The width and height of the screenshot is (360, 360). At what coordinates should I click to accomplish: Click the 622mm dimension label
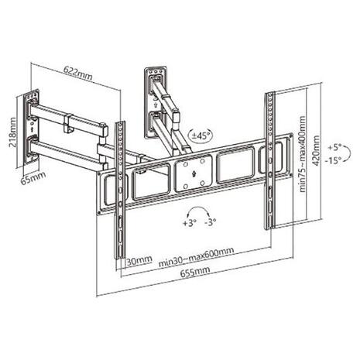click(x=78, y=73)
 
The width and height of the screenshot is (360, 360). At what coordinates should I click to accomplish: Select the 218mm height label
click(x=12, y=132)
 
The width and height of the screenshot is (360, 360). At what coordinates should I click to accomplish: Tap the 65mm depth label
click(x=33, y=177)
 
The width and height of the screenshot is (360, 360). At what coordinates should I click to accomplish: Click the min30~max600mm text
click(x=197, y=257)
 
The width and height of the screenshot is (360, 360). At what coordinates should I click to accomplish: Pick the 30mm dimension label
click(x=139, y=261)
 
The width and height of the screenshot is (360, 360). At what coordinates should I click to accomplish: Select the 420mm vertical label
click(x=316, y=151)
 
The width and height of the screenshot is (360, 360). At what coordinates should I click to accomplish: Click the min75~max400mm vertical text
click(x=303, y=154)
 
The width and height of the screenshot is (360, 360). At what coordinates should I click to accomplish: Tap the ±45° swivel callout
click(x=201, y=135)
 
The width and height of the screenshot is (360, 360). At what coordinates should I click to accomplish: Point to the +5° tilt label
click(x=334, y=148)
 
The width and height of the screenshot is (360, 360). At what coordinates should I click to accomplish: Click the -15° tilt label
click(x=333, y=160)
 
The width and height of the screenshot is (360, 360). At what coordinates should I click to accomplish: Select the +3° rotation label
click(x=190, y=222)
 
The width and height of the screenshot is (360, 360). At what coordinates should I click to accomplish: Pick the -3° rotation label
click(x=211, y=221)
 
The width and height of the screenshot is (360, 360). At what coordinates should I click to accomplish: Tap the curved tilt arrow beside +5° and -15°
click(x=350, y=153)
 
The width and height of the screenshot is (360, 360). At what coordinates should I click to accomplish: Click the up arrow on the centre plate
click(x=194, y=173)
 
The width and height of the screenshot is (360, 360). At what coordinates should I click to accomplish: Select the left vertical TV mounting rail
click(x=120, y=190)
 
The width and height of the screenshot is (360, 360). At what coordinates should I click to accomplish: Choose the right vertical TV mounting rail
click(x=269, y=160)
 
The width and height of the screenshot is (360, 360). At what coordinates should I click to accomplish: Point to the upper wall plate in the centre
click(x=156, y=102)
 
